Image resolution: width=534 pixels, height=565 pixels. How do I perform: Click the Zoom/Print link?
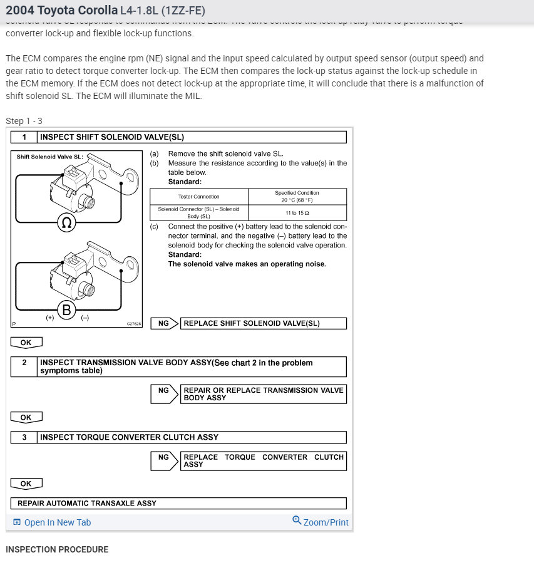(x=321, y=522)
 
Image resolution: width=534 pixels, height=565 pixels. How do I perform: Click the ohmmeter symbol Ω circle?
(x=66, y=222)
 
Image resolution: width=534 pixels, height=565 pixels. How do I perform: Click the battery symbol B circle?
(x=66, y=309)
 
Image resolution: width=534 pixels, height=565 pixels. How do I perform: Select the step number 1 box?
(x=24, y=137)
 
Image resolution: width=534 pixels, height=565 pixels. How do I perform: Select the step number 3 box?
(x=24, y=437)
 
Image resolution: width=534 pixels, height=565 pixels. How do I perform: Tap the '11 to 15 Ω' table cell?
(x=297, y=213)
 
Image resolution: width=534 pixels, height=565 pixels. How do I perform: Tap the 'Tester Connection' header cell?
(x=199, y=197)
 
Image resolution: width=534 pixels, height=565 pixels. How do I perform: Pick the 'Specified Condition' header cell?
(x=297, y=197)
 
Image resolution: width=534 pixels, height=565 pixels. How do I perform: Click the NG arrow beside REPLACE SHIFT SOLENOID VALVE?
(x=165, y=323)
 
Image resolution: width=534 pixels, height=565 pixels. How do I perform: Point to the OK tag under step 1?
(x=26, y=343)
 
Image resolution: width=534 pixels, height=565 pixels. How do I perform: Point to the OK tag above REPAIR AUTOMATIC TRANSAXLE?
(x=26, y=484)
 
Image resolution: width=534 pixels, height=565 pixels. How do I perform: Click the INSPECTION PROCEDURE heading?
(x=57, y=549)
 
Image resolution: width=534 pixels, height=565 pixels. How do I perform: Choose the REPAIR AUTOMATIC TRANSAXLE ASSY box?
(x=178, y=503)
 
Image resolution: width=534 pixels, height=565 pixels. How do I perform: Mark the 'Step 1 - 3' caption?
(x=24, y=121)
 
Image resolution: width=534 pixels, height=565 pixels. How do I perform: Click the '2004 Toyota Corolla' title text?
(x=61, y=11)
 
